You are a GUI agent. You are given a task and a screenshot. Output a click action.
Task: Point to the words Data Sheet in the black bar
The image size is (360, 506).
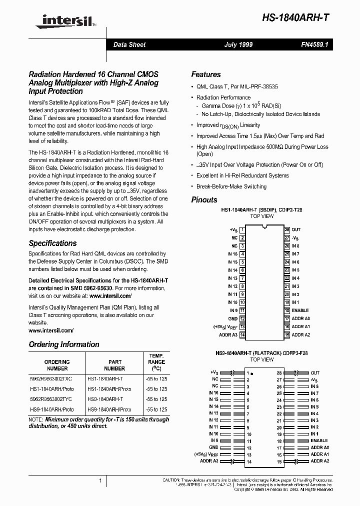tap(129, 44)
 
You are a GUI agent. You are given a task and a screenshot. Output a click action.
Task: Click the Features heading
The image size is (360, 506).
tap(206, 74)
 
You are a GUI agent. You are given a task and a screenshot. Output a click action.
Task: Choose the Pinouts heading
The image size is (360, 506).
tap(204, 199)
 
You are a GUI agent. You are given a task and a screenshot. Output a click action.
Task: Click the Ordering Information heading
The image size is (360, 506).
tap(64, 344)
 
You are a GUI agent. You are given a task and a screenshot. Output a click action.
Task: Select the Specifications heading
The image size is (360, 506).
tap(52, 243)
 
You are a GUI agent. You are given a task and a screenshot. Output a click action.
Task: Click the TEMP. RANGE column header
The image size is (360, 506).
tap(156, 361)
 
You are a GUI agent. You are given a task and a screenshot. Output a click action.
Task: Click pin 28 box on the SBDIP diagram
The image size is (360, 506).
tap(287, 229)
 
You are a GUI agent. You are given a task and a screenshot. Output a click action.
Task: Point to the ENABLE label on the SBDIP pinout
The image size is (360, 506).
tap(300, 310)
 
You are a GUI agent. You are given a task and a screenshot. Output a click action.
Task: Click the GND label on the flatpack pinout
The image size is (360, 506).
tap(214, 447)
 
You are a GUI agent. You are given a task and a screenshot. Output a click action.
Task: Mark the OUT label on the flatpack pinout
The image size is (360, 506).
tap(315, 373)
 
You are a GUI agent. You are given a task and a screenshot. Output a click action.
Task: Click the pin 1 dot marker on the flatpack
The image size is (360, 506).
tap(252, 373)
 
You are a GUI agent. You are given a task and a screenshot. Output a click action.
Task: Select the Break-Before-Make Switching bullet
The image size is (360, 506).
tap(231, 186)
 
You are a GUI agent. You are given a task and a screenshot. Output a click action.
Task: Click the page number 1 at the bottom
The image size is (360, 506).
tap(100, 480)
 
